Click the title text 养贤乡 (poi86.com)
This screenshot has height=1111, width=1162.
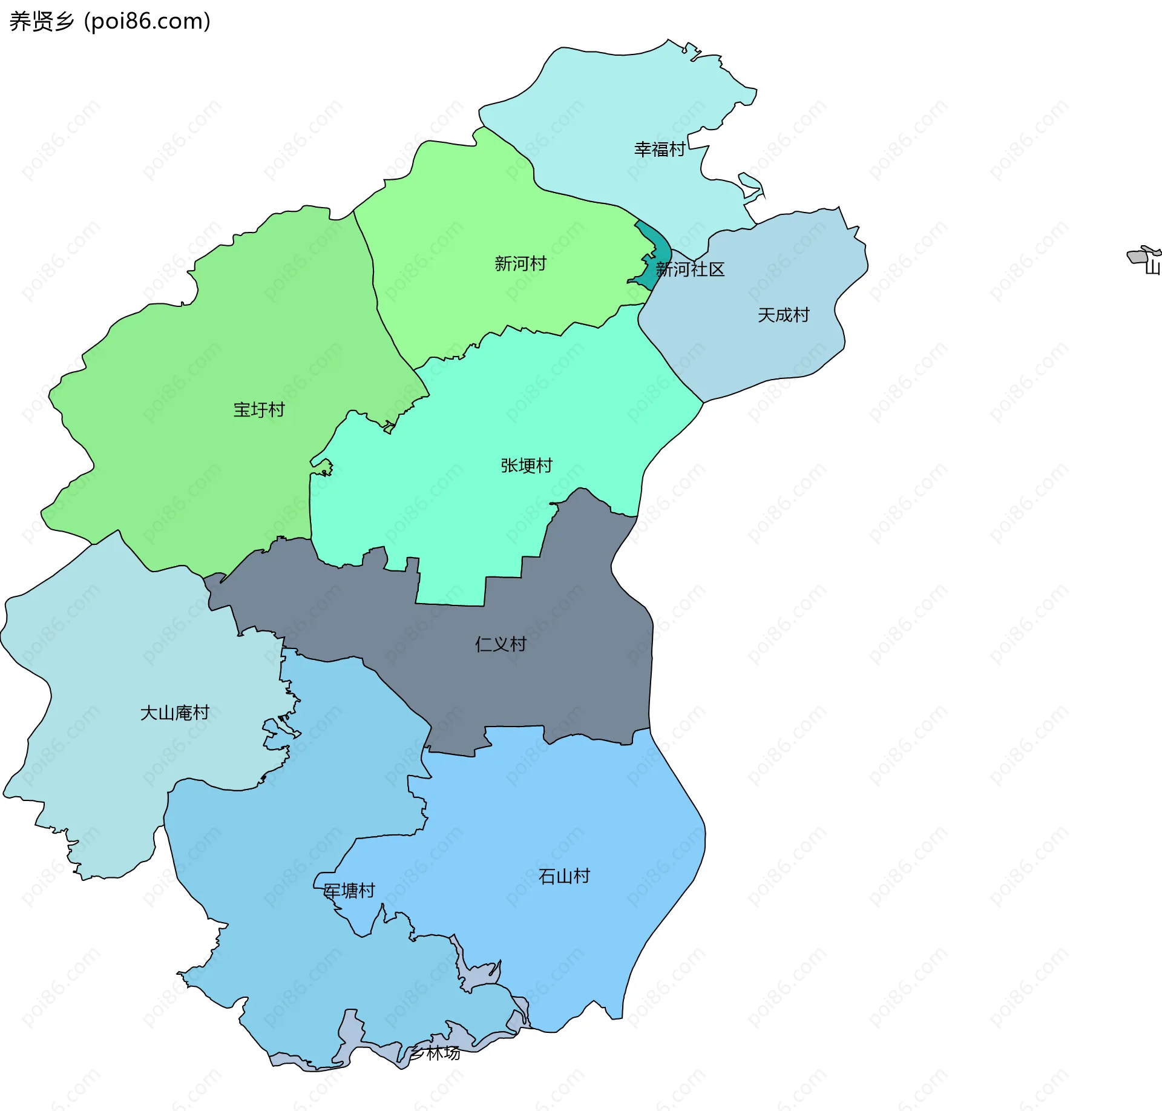pos(110,21)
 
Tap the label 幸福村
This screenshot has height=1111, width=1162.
pos(659,149)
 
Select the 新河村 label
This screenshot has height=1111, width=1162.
pos(520,263)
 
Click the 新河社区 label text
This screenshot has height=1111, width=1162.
pos(690,269)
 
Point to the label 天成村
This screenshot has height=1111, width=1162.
pos(783,315)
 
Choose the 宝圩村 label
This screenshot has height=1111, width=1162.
pos(259,410)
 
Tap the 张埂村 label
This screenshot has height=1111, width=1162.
pos(527,465)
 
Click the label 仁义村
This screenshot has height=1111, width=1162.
pos(501,644)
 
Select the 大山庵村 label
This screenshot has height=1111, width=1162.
pos(174,713)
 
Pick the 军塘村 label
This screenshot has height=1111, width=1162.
pos(349,890)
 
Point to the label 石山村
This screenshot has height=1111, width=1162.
pos(564,876)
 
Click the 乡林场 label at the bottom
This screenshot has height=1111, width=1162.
pos(435,1053)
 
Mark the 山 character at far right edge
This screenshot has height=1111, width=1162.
pos(1154,266)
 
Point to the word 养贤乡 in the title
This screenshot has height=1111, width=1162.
pos(41,21)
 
